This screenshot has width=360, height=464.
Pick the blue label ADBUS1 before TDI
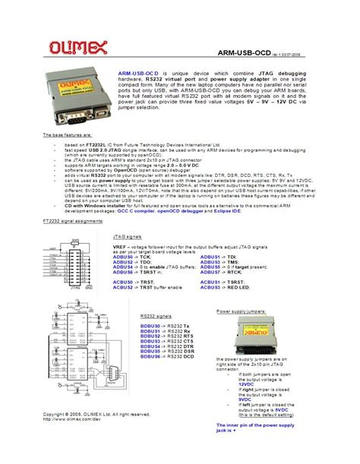click(x=210, y=257)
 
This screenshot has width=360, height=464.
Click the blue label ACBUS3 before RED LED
click(x=210, y=287)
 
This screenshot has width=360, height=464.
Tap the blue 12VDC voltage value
click(x=248, y=384)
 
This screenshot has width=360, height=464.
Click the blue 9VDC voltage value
click(x=246, y=402)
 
